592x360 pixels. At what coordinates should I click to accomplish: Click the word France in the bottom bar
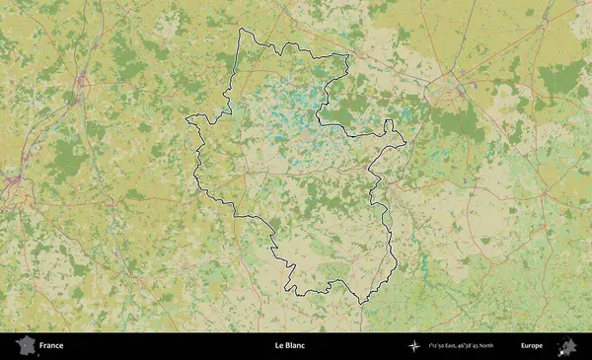pos(51,346)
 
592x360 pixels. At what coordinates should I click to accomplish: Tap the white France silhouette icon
pos(25,346)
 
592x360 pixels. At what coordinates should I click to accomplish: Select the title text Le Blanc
pos(289,346)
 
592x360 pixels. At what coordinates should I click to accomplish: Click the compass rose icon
pos(414,346)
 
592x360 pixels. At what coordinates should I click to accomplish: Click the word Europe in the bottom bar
pos(531,346)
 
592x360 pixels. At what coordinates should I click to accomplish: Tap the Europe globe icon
pos(566,346)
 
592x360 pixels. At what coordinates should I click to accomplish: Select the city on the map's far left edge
pos(12,182)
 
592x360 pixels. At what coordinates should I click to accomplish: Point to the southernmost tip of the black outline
pos(361,303)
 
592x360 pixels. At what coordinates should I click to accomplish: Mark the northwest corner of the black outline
pos(241,29)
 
